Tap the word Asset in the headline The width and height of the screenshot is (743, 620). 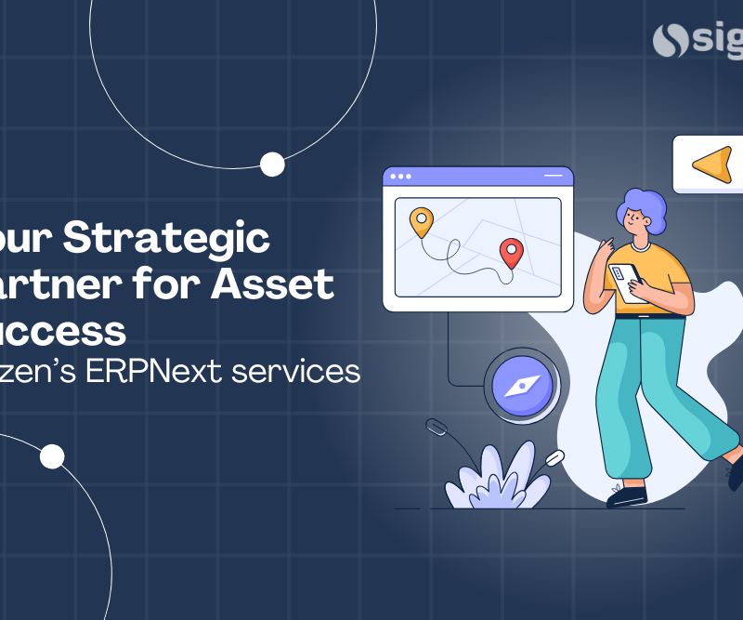272,284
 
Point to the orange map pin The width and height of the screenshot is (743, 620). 422,221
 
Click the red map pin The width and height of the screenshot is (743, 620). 510,251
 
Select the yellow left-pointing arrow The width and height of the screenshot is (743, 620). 712,165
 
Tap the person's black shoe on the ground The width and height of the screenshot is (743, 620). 627,497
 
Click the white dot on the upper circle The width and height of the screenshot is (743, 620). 272,165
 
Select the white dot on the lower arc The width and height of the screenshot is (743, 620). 52,456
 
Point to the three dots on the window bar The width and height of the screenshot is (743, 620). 401,176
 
